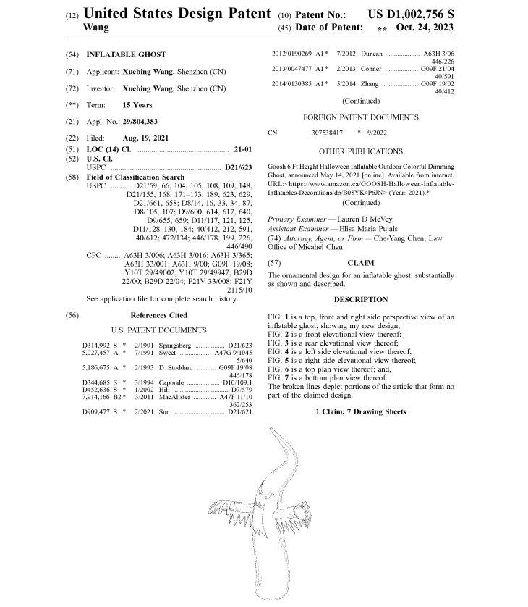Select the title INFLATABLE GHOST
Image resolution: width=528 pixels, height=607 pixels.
(126, 54)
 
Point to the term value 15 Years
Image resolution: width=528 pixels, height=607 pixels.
(137, 105)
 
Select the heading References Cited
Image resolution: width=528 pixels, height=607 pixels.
(158, 315)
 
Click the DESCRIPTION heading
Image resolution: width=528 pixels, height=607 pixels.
(360, 300)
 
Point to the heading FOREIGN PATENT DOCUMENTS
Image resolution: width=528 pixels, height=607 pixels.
(360, 117)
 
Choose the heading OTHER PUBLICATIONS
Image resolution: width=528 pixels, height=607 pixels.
(360, 151)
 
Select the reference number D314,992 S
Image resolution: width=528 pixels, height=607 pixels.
(100, 346)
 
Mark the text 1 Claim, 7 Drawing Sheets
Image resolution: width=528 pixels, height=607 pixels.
(360, 411)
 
